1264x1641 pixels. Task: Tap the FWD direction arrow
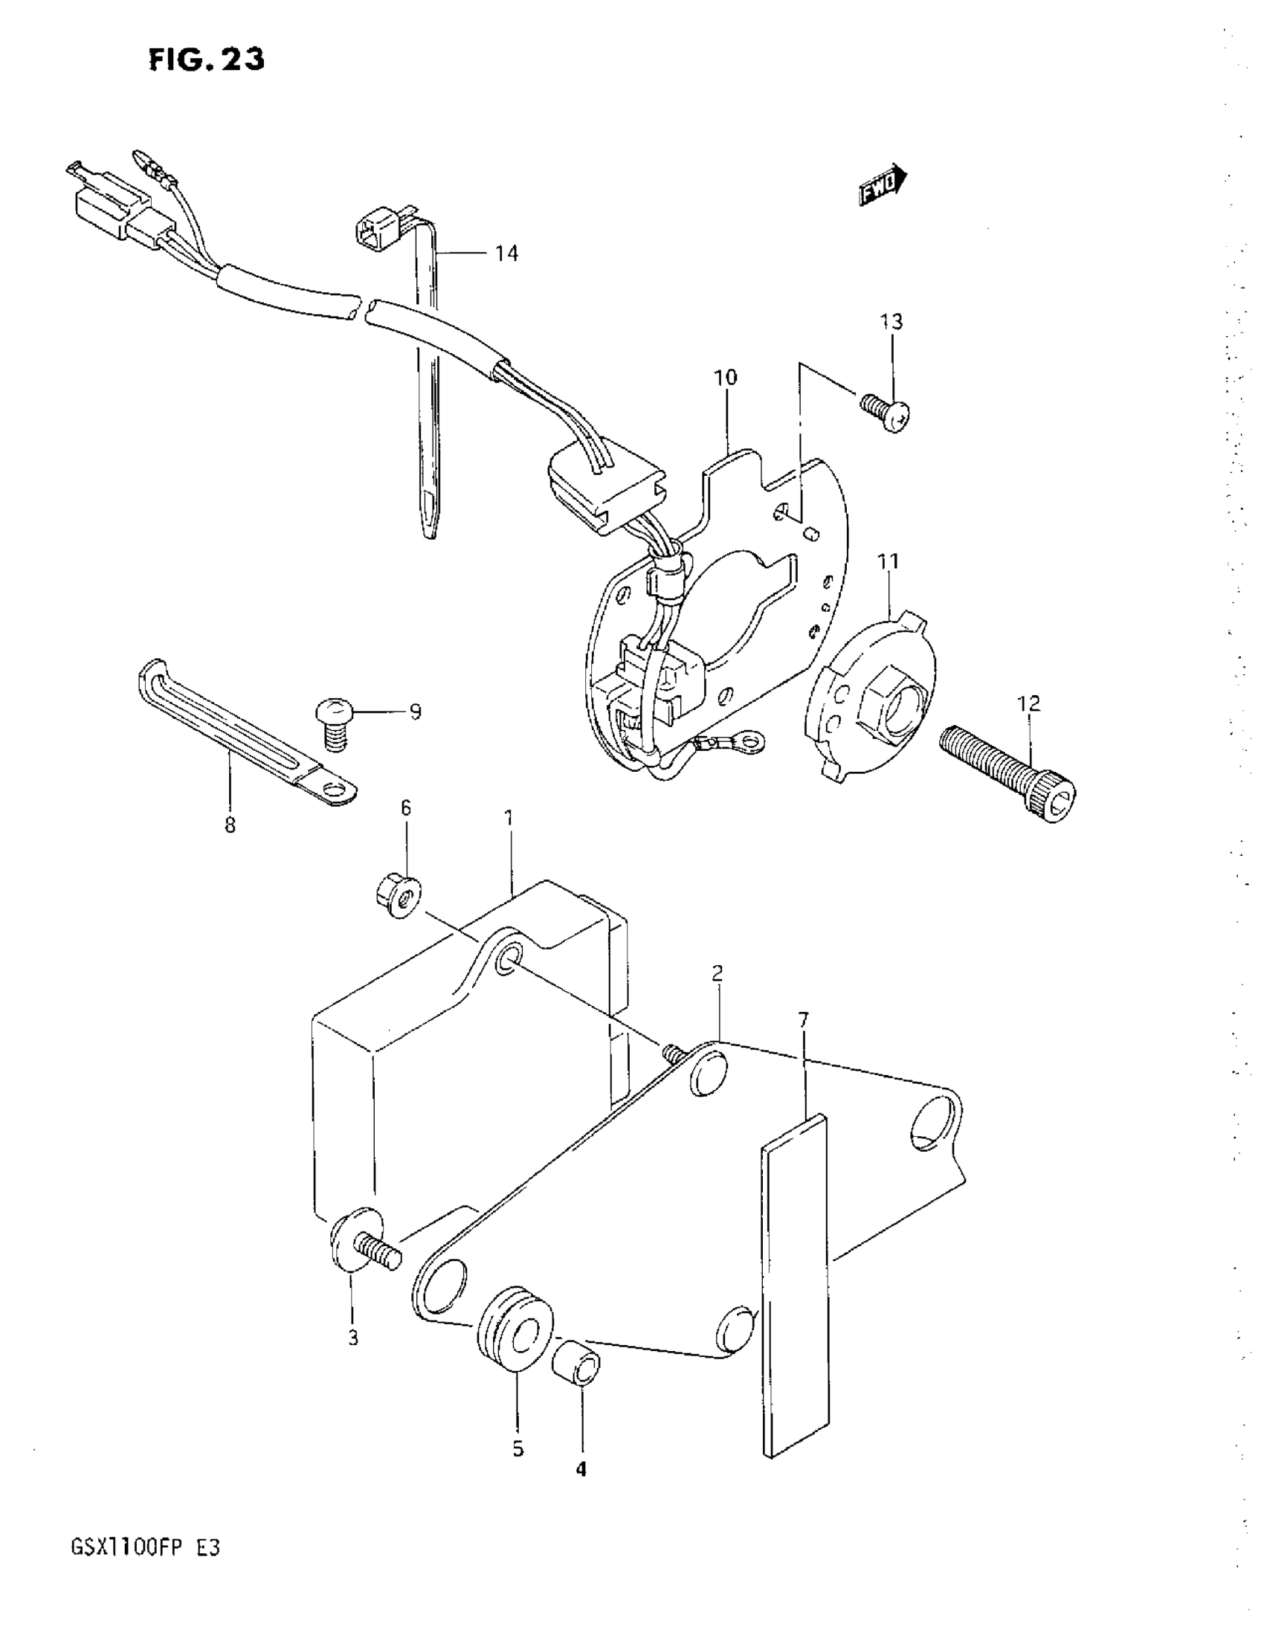pyautogui.click(x=883, y=185)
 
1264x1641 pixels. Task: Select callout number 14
pyautogui.click(x=506, y=254)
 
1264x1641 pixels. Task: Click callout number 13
pyautogui.click(x=891, y=322)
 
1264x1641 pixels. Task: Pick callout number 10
pyautogui.click(x=725, y=377)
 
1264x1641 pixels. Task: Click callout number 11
pyautogui.click(x=889, y=561)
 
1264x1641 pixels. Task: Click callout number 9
pyautogui.click(x=416, y=712)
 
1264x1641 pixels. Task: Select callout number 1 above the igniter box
pyautogui.click(x=509, y=817)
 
